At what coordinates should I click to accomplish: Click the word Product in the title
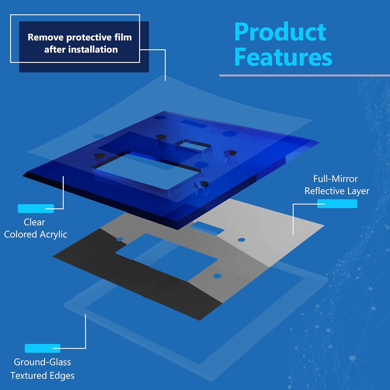(x=280, y=32)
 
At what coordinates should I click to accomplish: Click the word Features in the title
(x=283, y=57)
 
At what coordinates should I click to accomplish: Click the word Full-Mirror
(x=335, y=179)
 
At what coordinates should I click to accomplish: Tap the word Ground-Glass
(x=42, y=362)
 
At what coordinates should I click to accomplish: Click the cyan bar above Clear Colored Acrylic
(x=36, y=209)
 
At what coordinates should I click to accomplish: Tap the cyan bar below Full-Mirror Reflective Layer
(x=337, y=204)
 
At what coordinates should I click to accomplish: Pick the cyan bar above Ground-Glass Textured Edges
(x=42, y=348)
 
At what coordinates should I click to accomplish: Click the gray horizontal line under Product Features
(x=304, y=76)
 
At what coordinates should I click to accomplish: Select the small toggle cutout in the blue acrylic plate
(x=192, y=145)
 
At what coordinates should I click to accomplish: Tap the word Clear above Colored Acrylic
(x=34, y=222)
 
